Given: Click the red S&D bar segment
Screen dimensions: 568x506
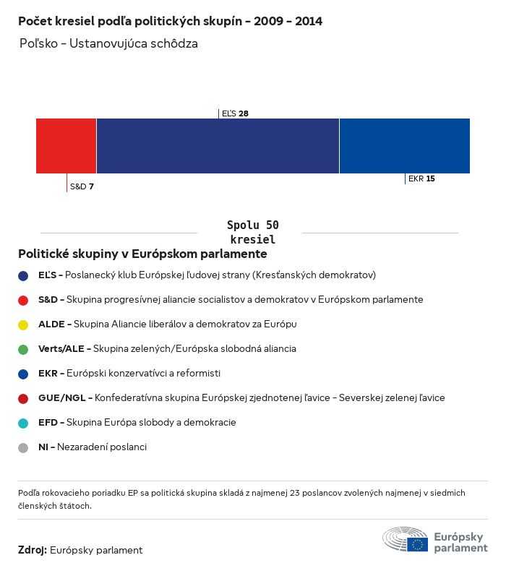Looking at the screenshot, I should pyautogui.click(x=66, y=146).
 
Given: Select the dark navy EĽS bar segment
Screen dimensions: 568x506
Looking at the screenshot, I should pyautogui.click(x=218, y=146).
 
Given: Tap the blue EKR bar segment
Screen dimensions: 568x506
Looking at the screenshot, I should pyautogui.click(x=404, y=146).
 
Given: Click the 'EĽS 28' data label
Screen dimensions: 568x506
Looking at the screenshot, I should pyautogui.click(x=235, y=113).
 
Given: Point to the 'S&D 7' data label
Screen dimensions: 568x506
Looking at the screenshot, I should pyautogui.click(x=82, y=186).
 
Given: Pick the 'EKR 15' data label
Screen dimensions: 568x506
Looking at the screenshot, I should pyautogui.click(x=421, y=178).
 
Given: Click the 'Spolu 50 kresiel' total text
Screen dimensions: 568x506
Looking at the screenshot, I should pyautogui.click(x=252, y=232).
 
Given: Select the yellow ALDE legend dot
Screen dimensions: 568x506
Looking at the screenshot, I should pyautogui.click(x=23, y=324).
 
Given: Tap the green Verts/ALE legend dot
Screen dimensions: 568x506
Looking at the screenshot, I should pyautogui.click(x=23, y=349).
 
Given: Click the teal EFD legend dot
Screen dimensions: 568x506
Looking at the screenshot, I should pyautogui.click(x=23, y=423).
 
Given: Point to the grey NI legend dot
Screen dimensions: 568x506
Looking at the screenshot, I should pyautogui.click(x=23, y=447).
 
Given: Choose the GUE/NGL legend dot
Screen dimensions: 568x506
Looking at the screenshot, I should pyautogui.click(x=23, y=398).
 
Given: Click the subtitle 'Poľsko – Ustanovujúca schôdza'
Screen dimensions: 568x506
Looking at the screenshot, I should pyautogui.click(x=108, y=44).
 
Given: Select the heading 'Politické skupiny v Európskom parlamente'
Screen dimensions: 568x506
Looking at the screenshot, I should pyautogui.click(x=142, y=254).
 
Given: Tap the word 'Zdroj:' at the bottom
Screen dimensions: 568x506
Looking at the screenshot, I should pyautogui.click(x=33, y=551).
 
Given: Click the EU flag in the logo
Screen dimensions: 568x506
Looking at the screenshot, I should pyautogui.click(x=417, y=544).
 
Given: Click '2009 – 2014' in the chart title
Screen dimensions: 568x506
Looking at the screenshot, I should pyautogui.click(x=288, y=22).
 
